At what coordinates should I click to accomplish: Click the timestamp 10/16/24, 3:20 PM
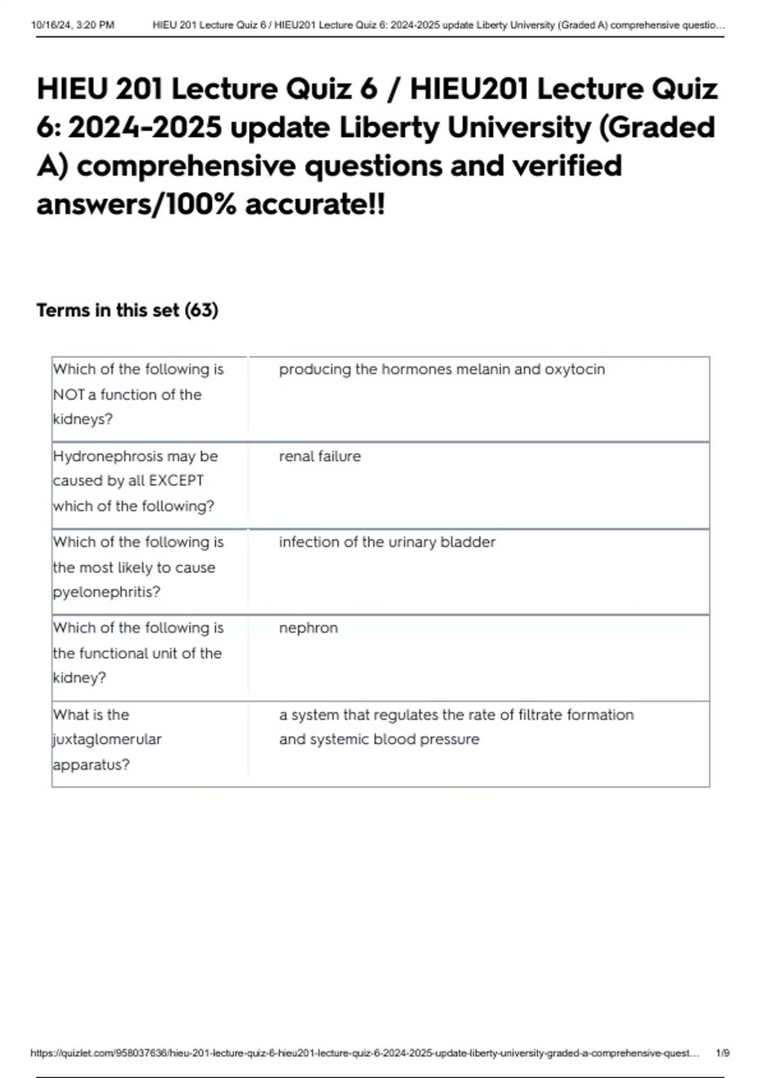point(72,25)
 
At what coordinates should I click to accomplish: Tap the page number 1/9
point(722,1053)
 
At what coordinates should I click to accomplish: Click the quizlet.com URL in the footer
point(365,1053)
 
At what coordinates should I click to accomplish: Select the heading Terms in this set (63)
point(127,310)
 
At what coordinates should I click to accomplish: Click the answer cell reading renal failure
point(320,456)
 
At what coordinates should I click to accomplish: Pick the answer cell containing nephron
point(308,628)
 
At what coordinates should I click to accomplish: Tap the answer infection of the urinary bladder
point(387,542)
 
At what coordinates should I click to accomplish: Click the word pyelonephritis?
point(107,592)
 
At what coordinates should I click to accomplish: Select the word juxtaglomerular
point(107,739)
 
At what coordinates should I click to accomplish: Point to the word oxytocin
point(575,369)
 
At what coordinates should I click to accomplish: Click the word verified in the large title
point(566,166)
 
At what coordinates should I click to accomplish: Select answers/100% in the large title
point(136,204)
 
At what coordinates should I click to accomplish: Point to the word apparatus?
point(91,765)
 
